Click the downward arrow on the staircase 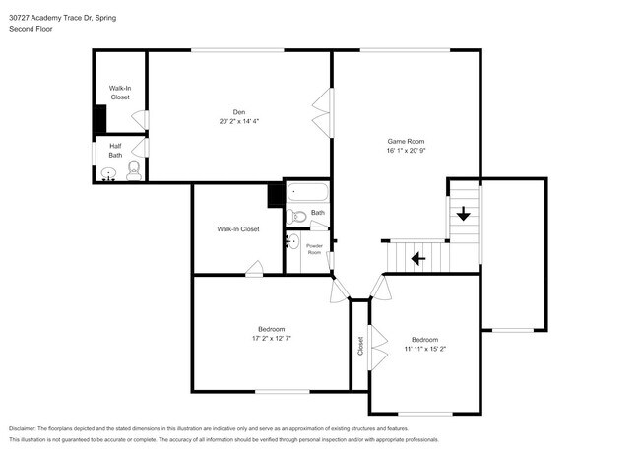[x=462, y=212]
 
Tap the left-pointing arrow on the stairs [x=417, y=259]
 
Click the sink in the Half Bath [x=108, y=175]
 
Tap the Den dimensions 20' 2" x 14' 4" [x=238, y=121]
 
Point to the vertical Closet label [x=360, y=346]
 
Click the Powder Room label [x=315, y=249]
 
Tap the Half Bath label [x=115, y=150]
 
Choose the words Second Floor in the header [x=32, y=29]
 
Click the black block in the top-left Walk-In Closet [x=99, y=119]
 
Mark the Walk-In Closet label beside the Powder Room [x=238, y=229]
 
